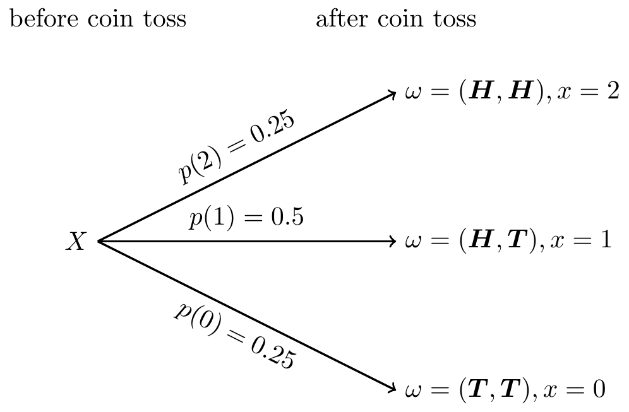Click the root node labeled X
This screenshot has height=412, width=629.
click(x=75, y=242)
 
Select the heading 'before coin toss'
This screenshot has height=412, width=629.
click(x=98, y=19)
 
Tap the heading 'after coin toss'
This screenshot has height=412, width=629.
click(x=395, y=19)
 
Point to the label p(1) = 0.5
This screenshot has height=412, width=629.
click(x=246, y=218)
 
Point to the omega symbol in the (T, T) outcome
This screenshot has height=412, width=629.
click(x=413, y=389)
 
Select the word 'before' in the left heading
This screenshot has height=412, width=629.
click(x=37, y=19)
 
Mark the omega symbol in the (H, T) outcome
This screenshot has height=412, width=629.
click(x=413, y=242)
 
